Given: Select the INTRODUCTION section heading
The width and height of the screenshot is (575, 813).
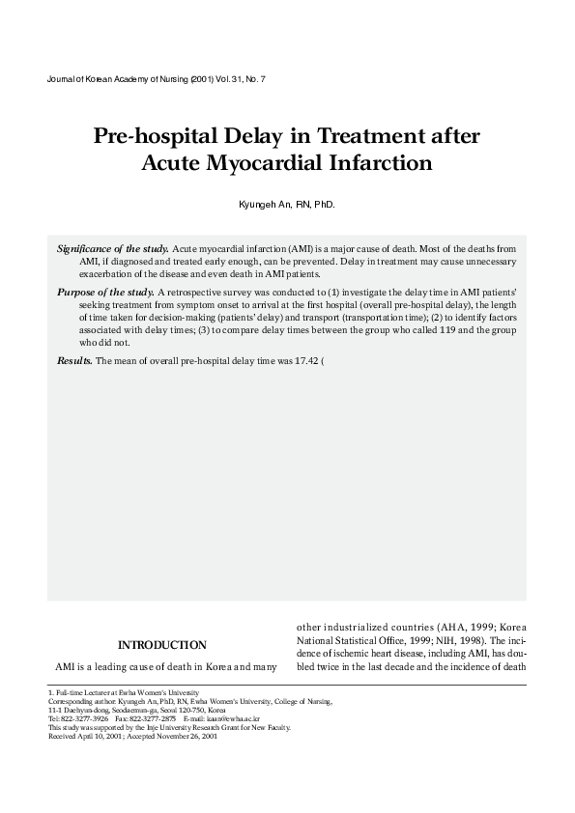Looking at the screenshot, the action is pos(162,645).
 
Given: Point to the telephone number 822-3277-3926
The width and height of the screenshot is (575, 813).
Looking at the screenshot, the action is pos(85,719).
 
